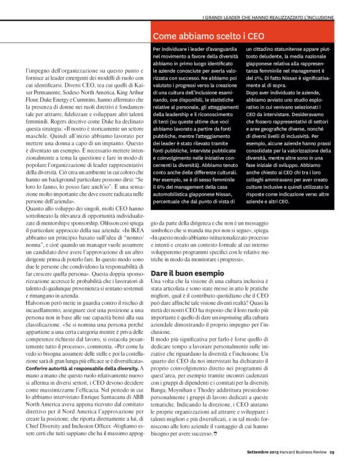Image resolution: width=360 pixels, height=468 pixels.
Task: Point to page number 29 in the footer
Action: [x=332, y=460]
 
